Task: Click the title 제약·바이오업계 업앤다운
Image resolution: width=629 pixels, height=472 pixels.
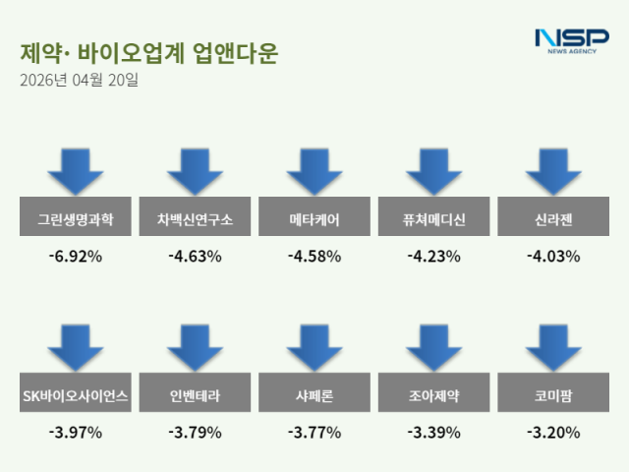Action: [x=147, y=53]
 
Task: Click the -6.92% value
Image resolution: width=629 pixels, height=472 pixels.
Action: [x=76, y=257]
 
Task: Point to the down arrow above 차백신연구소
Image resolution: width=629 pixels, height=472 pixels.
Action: [x=195, y=171]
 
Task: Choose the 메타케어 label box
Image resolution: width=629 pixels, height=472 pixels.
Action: [x=314, y=219]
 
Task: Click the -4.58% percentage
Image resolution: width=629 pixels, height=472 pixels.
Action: [x=314, y=257]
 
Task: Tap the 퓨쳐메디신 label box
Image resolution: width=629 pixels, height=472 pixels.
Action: [x=433, y=219]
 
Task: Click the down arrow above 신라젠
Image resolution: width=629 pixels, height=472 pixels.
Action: [x=553, y=171]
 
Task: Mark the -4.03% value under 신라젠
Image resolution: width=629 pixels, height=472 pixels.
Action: [x=553, y=257]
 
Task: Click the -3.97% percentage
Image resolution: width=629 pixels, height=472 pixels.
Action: [x=76, y=432]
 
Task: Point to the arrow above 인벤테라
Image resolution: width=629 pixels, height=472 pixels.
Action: [x=195, y=347]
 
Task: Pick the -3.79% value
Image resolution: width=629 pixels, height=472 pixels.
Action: [x=195, y=432]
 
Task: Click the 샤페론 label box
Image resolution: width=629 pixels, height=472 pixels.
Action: [x=314, y=395]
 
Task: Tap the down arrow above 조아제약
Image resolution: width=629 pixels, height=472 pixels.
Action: [x=433, y=347]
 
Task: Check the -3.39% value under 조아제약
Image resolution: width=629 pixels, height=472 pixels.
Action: [x=433, y=432]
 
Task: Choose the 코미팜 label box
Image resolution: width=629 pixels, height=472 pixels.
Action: [x=553, y=395]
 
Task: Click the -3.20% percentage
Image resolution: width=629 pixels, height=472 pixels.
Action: [x=553, y=432]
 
